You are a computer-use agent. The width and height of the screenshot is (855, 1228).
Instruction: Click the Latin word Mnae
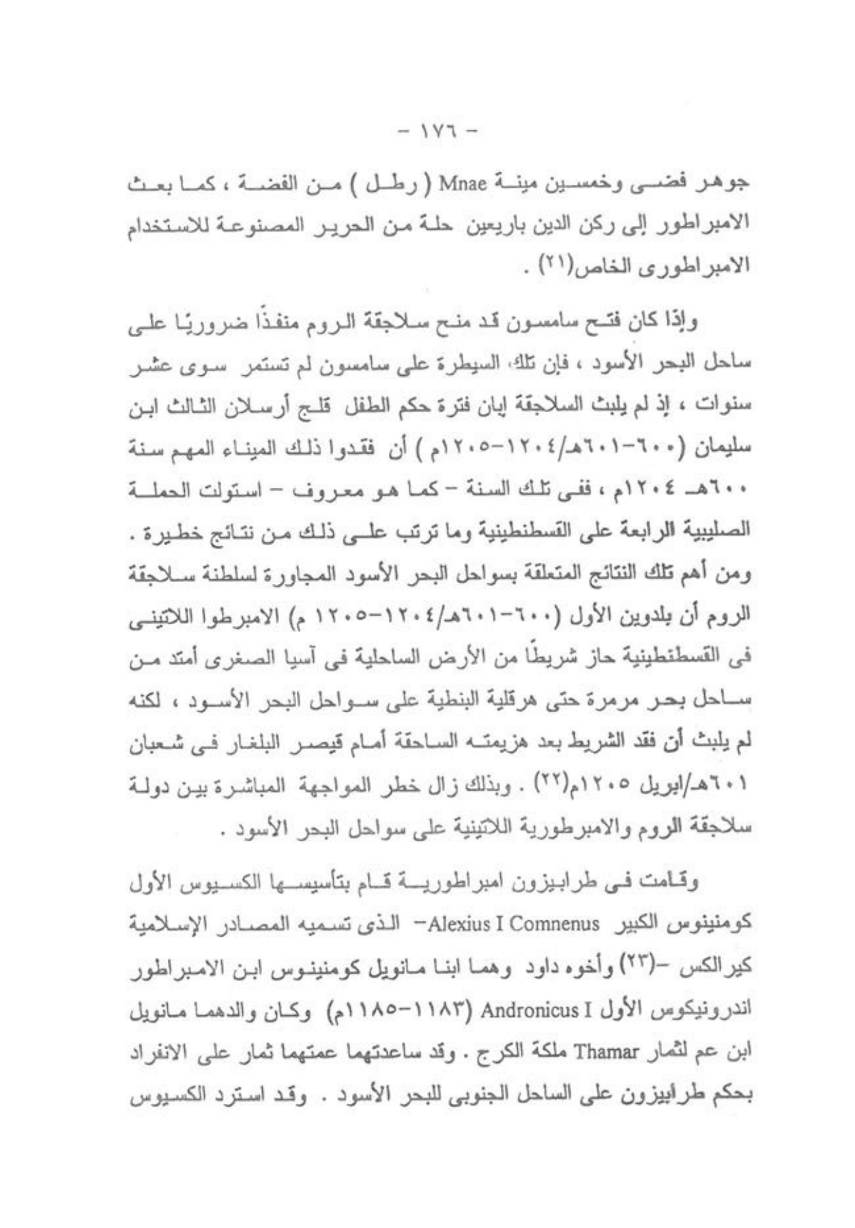click(x=464, y=185)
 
